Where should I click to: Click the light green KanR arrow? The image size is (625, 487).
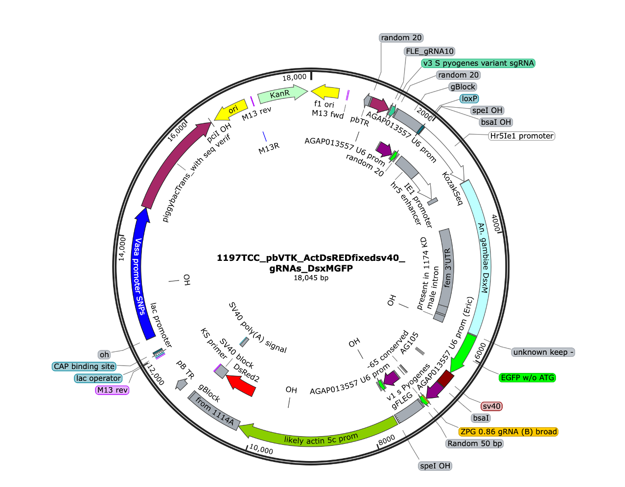(282, 93)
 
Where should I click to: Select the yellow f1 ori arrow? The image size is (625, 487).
(325, 92)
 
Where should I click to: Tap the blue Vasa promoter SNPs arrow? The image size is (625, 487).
(142, 274)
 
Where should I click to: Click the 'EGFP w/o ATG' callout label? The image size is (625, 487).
(527, 377)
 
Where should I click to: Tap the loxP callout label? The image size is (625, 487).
(469, 98)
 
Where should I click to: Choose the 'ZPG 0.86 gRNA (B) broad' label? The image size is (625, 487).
(508, 432)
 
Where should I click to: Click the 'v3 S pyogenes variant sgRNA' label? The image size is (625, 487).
(478, 63)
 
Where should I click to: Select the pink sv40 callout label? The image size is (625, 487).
(491, 406)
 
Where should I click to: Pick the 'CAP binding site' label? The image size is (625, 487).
(84, 366)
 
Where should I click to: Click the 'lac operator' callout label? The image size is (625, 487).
(98, 378)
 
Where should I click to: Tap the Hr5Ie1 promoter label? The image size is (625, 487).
(522, 136)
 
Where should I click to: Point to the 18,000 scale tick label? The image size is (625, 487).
(294, 77)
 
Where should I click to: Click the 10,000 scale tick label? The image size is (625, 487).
(261, 449)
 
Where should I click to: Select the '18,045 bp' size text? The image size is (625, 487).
(311, 278)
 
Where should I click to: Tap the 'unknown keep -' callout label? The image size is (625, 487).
(543, 352)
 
